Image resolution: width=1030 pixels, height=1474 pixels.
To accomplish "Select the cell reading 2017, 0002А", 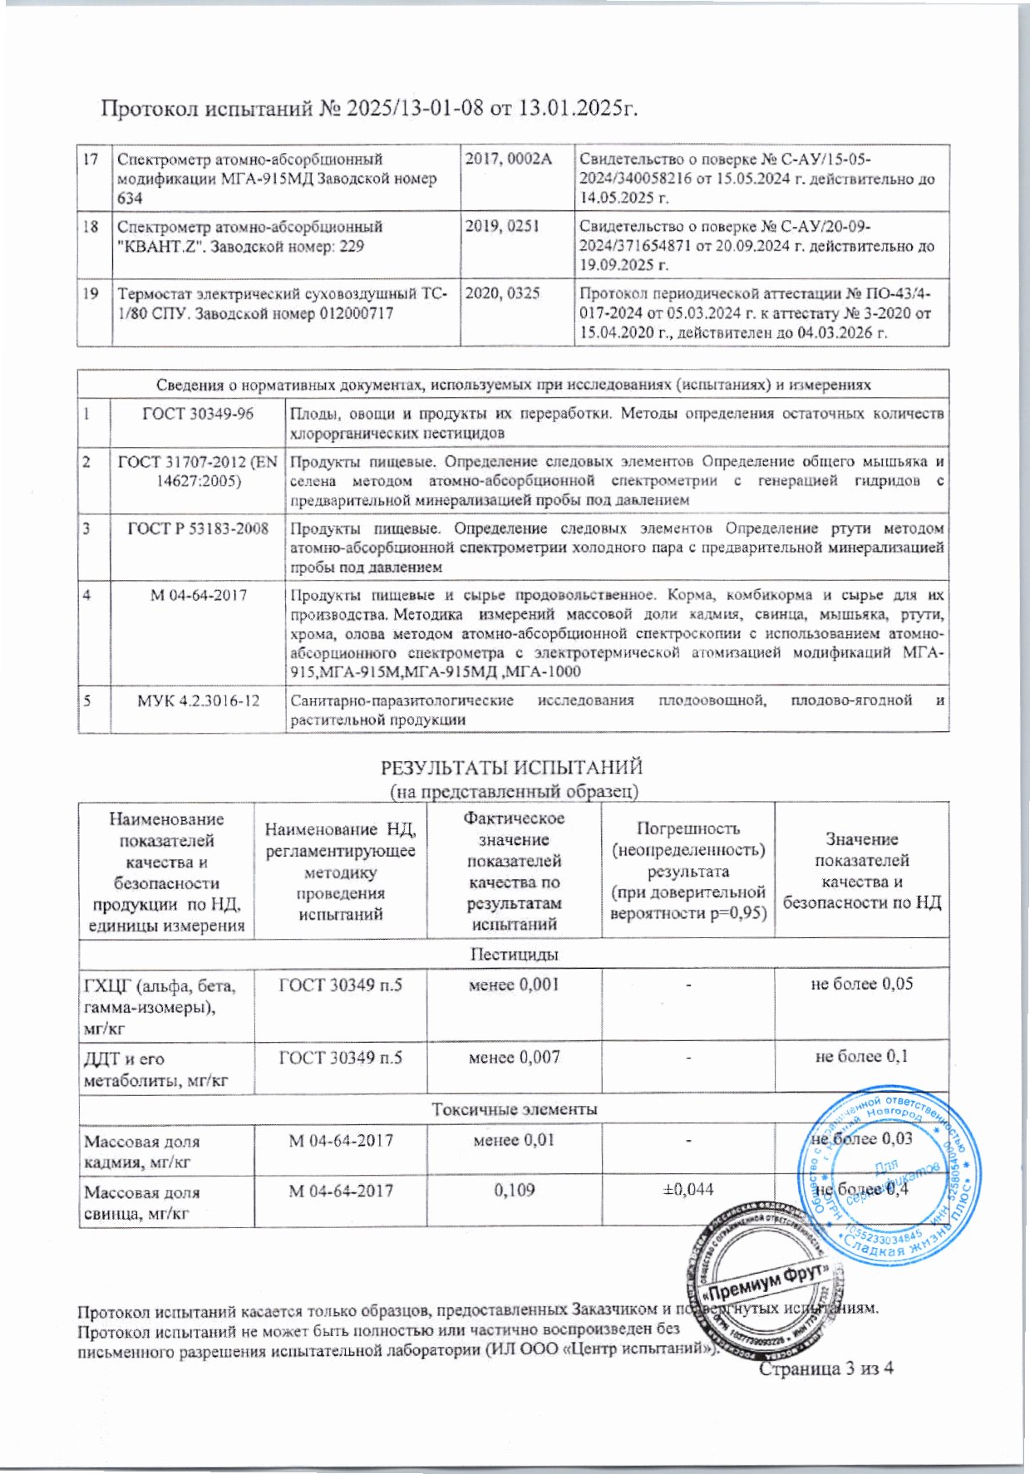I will coord(508,158).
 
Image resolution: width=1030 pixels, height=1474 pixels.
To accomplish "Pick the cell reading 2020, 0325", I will coord(502,293).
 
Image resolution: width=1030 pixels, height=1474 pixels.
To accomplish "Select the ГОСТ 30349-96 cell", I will coord(198,414).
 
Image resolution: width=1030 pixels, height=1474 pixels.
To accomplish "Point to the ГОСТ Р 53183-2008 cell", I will coord(198,528).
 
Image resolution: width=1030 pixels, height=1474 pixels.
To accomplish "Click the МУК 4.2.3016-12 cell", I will coord(198,701).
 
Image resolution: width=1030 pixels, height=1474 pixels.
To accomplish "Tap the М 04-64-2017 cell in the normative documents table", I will coord(198,595).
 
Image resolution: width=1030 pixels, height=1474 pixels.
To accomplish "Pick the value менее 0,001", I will coord(514,985).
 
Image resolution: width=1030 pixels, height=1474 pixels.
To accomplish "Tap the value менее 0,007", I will coord(514,1058).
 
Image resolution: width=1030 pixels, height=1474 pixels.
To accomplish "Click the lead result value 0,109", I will coord(514,1191).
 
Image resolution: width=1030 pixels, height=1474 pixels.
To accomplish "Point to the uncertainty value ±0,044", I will coord(687,1191).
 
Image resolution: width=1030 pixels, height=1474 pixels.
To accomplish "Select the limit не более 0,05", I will coord(862,985).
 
